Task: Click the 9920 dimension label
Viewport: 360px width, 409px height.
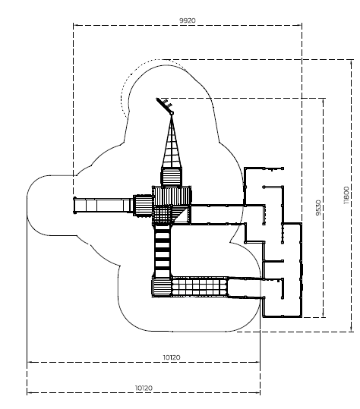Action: click(x=187, y=20)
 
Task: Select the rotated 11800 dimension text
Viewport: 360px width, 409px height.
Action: click(x=346, y=195)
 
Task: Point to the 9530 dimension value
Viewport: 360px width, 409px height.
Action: click(x=318, y=208)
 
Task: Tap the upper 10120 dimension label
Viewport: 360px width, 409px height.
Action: click(x=172, y=357)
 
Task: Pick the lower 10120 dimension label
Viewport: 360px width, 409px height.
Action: click(x=144, y=389)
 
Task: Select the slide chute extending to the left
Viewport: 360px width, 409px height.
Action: click(x=103, y=206)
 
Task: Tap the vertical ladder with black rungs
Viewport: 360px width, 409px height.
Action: click(x=163, y=251)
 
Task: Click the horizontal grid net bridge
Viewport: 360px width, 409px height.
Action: click(x=199, y=287)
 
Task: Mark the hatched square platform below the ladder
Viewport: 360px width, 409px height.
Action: click(x=161, y=287)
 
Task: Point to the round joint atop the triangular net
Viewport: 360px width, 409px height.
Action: click(x=172, y=113)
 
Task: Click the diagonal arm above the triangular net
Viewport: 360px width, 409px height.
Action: click(x=164, y=105)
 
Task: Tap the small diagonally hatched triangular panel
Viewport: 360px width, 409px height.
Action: click(x=182, y=215)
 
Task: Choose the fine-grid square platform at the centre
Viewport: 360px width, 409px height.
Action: click(x=162, y=215)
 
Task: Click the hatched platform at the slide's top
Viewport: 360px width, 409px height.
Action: click(x=143, y=206)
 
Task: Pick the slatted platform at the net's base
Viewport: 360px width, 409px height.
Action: click(x=171, y=177)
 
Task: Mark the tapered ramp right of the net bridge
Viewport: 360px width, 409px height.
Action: click(x=245, y=288)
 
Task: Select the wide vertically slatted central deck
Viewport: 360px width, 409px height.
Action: click(x=172, y=196)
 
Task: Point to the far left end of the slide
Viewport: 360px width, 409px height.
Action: click(x=74, y=206)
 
